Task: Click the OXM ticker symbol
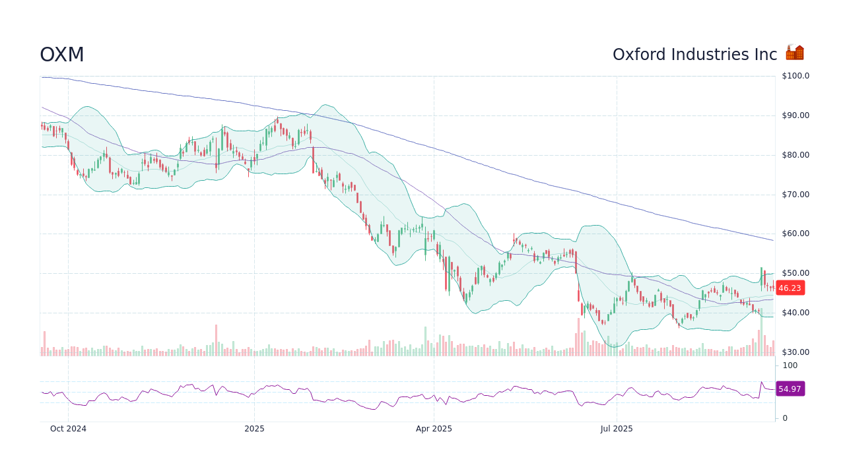tap(62, 55)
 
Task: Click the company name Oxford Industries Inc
tap(694, 55)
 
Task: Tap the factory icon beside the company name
tap(795, 53)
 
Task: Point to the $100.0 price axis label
tap(795, 76)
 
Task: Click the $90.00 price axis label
tap(795, 115)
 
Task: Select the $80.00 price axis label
tap(795, 155)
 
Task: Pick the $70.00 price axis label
tap(795, 195)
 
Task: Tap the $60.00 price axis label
tap(795, 234)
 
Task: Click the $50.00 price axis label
tap(795, 273)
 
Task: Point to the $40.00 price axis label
tap(795, 313)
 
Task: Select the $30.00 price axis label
tap(795, 352)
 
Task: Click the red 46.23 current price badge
tap(790, 288)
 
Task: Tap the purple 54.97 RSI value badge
tap(790, 389)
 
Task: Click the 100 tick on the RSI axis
tap(790, 365)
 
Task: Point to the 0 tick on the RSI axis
tap(785, 418)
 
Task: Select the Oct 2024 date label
tap(68, 429)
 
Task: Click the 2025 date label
tap(254, 429)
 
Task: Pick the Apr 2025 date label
tap(434, 429)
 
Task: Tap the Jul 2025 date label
tap(617, 429)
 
